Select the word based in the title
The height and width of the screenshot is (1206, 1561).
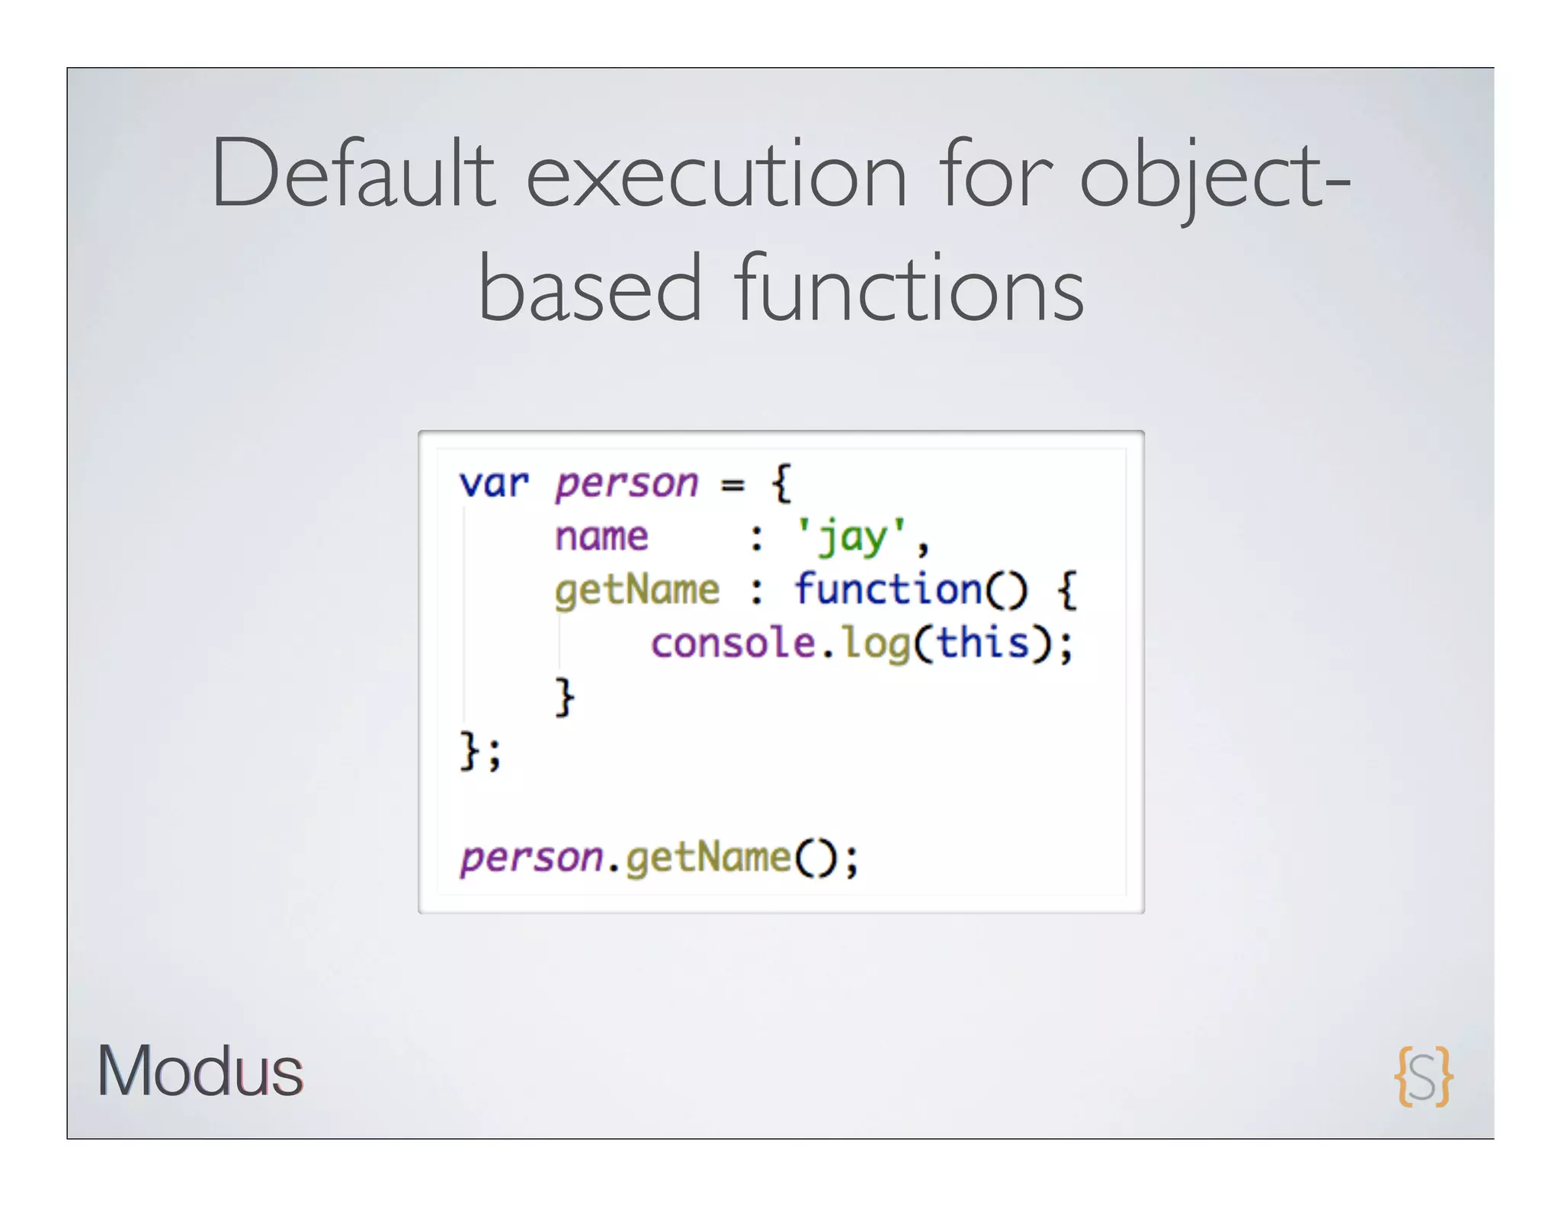point(589,290)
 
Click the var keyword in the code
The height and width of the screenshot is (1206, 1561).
point(494,484)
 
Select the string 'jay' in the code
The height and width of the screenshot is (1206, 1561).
point(851,537)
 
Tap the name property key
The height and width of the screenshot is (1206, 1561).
point(601,537)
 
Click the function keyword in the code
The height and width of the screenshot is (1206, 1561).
point(888,589)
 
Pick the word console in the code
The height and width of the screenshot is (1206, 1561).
point(732,643)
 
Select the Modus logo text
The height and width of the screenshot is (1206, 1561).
point(200,1071)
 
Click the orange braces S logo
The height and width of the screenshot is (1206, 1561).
point(1423,1076)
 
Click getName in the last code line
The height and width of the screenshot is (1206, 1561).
point(708,858)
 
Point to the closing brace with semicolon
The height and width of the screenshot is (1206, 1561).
point(480,751)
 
